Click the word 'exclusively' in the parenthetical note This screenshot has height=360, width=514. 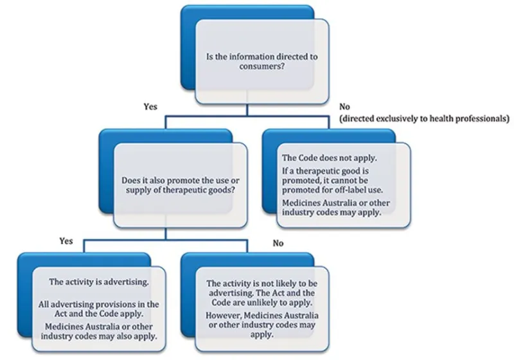394,119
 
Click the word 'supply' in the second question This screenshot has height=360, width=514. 136,191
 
